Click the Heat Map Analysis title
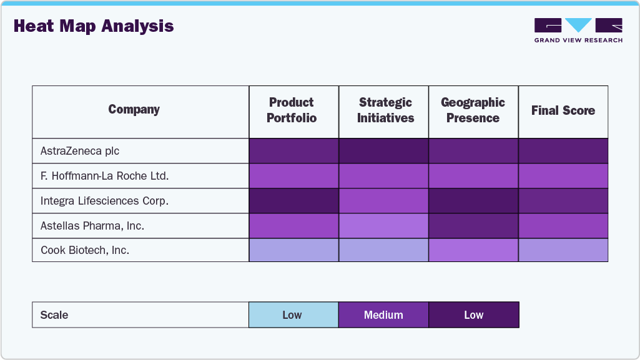(94, 26)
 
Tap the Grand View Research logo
(578, 30)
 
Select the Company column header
(134, 110)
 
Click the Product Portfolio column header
(292, 110)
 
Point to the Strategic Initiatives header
(385, 110)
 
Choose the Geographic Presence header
(473, 110)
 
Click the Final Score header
(563, 110)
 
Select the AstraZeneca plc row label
(80, 151)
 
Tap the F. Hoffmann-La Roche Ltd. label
(104, 176)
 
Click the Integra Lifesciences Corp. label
(104, 201)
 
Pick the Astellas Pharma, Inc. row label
(92, 226)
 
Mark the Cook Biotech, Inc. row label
(85, 250)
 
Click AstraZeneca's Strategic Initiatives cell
(383, 151)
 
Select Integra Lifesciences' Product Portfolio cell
(293, 201)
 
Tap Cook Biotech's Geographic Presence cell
(473, 250)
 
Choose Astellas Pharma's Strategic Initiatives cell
(383, 226)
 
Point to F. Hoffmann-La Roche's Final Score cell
(563, 176)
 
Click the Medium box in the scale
(383, 315)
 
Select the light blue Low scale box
(293, 315)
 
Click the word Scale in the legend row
(54, 315)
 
